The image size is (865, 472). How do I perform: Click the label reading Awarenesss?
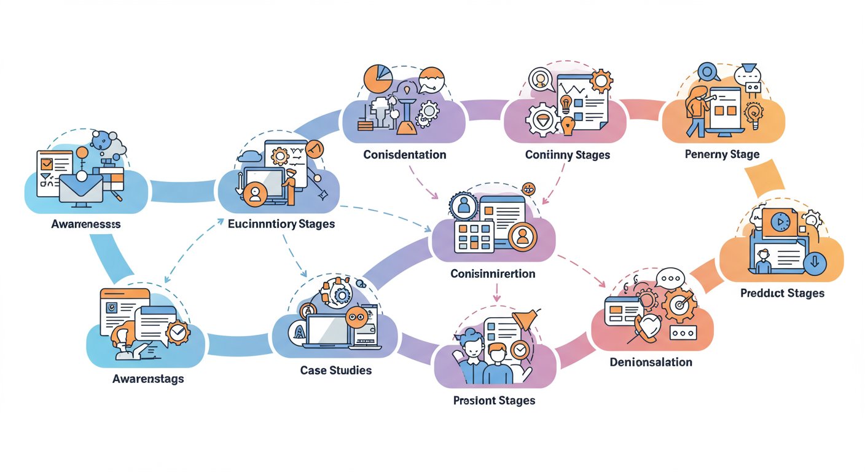(x=86, y=224)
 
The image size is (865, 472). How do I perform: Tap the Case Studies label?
(x=335, y=371)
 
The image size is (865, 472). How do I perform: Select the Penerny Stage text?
(x=722, y=154)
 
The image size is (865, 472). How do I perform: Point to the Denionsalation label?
(x=651, y=362)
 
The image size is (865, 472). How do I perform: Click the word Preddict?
(x=761, y=293)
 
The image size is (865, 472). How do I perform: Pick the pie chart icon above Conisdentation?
(x=377, y=78)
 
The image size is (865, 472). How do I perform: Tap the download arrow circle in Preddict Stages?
(x=815, y=264)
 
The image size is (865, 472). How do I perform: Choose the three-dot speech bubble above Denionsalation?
(x=670, y=278)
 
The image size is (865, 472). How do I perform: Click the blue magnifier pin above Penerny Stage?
(x=708, y=72)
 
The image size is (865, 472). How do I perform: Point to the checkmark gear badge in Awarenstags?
(x=178, y=332)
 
